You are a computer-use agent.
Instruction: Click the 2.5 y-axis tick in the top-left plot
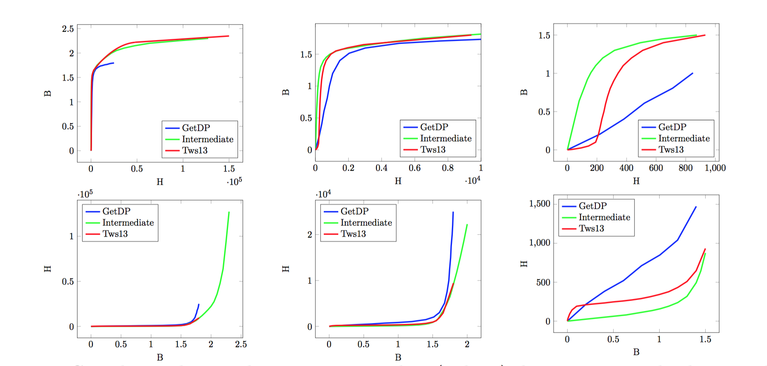[68, 29]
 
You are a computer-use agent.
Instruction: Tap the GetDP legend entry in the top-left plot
[196, 128]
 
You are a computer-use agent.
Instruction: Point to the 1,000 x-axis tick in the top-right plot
[715, 168]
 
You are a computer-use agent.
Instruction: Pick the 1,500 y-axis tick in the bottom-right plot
[540, 204]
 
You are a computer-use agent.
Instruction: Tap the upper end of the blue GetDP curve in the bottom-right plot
[696, 207]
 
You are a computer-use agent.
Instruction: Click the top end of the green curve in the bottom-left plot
[229, 212]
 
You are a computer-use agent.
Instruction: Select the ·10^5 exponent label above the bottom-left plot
[85, 194]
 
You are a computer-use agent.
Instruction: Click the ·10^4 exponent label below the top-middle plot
[473, 181]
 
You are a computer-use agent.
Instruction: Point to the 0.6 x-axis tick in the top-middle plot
[415, 168]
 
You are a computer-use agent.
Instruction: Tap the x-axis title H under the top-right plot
[636, 181]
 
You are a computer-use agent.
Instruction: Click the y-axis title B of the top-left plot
[48, 93]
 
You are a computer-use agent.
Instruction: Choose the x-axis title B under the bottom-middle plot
[398, 357]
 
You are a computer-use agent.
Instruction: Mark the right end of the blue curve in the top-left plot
[114, 63]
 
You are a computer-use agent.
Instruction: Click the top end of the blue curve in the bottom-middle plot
[453, 212]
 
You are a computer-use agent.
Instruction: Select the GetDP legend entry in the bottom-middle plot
[354, 211]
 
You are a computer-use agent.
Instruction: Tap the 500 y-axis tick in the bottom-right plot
[543, 283]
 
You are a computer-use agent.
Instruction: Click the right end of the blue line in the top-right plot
[692, 73]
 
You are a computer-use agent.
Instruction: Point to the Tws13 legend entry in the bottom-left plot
[115, 234]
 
